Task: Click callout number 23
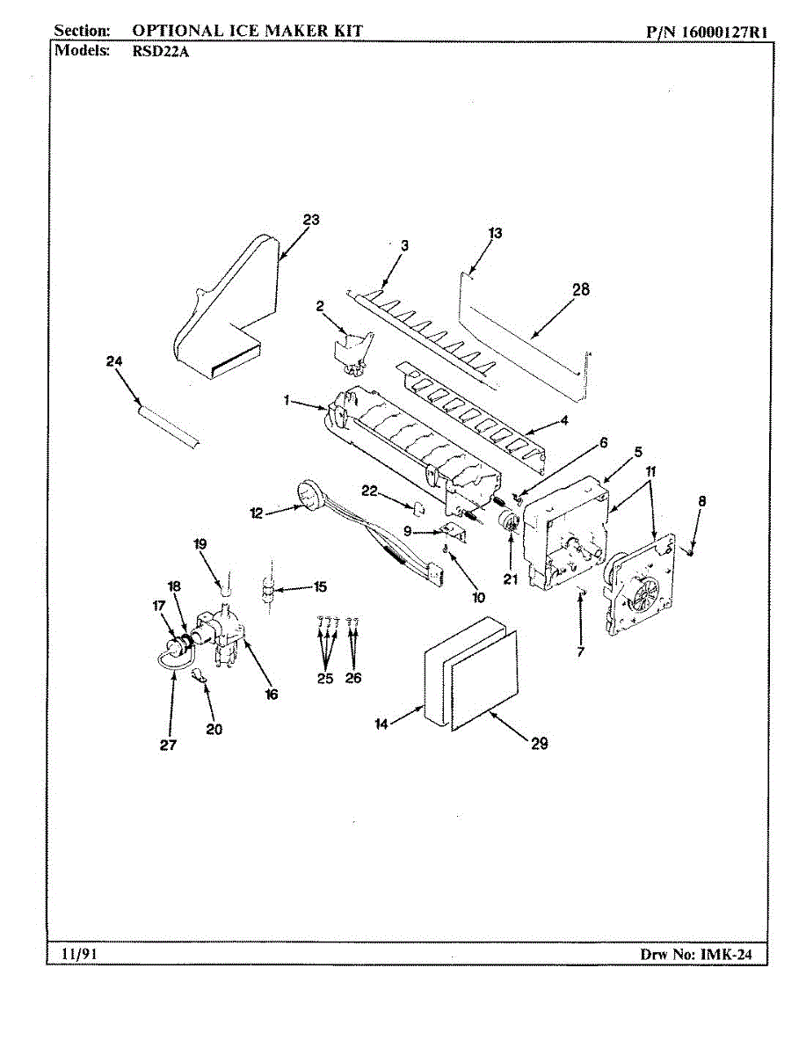[310, 220]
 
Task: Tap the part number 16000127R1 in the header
[719, 32]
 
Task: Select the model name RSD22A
[161, 51]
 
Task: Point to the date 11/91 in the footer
[78, 954]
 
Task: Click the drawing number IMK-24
[726, 954]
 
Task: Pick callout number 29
[539, 744]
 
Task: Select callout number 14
[381, 724]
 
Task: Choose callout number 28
[581, 289]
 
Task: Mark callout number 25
[325, 678]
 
